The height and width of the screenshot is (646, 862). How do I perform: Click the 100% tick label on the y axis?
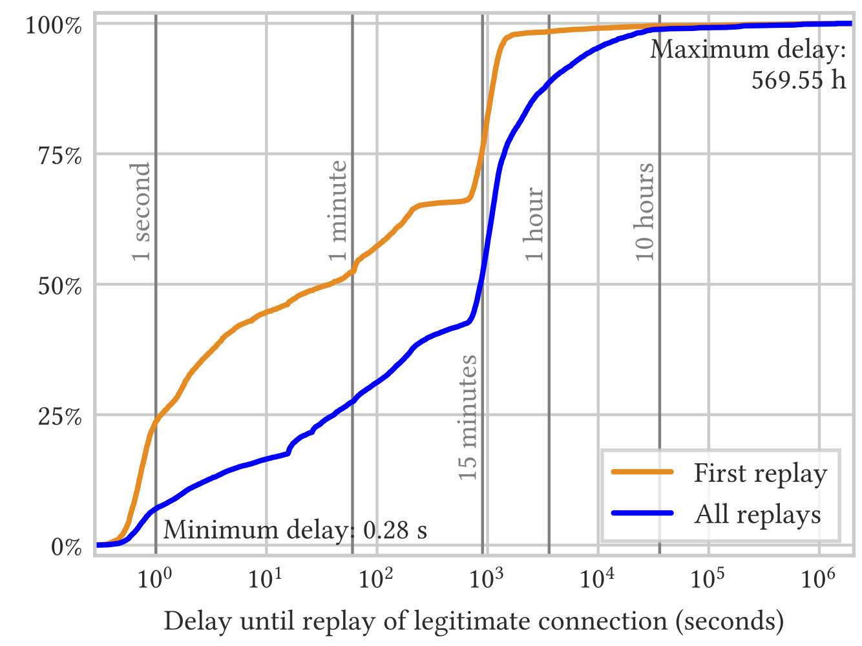pyautogui.click(x=54, y=26)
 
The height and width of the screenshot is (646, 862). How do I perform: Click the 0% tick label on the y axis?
pyautogui.click(x=67, y=547)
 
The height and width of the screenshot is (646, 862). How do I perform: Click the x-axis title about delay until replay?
pyautogui.click(x=474, y=621)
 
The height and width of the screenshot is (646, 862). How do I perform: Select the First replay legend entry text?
pyautogui.click(x=760, y=474)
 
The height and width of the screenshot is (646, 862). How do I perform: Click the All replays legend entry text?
pyautogui.click(x=757, y=515)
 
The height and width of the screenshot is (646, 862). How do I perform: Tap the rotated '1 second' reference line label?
pyautogui.click(x=141, y=212)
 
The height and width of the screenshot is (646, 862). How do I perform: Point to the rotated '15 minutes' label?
pyautogui.click(x=468, y=417)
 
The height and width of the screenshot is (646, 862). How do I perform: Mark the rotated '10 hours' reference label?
pyautogui.click(x=644, y=212)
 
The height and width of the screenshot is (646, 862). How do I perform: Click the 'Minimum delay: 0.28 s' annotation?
pyautogui.click(x=295, y=530)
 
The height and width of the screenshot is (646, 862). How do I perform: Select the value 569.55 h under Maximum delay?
pyautogui.click(x=799, y=79)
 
